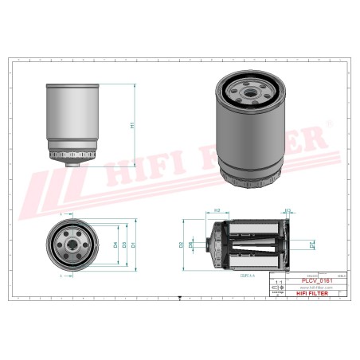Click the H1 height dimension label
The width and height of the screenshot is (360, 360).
(x=132, y=126)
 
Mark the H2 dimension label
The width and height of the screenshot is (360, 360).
(x=217, y=210)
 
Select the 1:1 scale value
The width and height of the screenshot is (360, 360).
(x=278, y=283)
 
